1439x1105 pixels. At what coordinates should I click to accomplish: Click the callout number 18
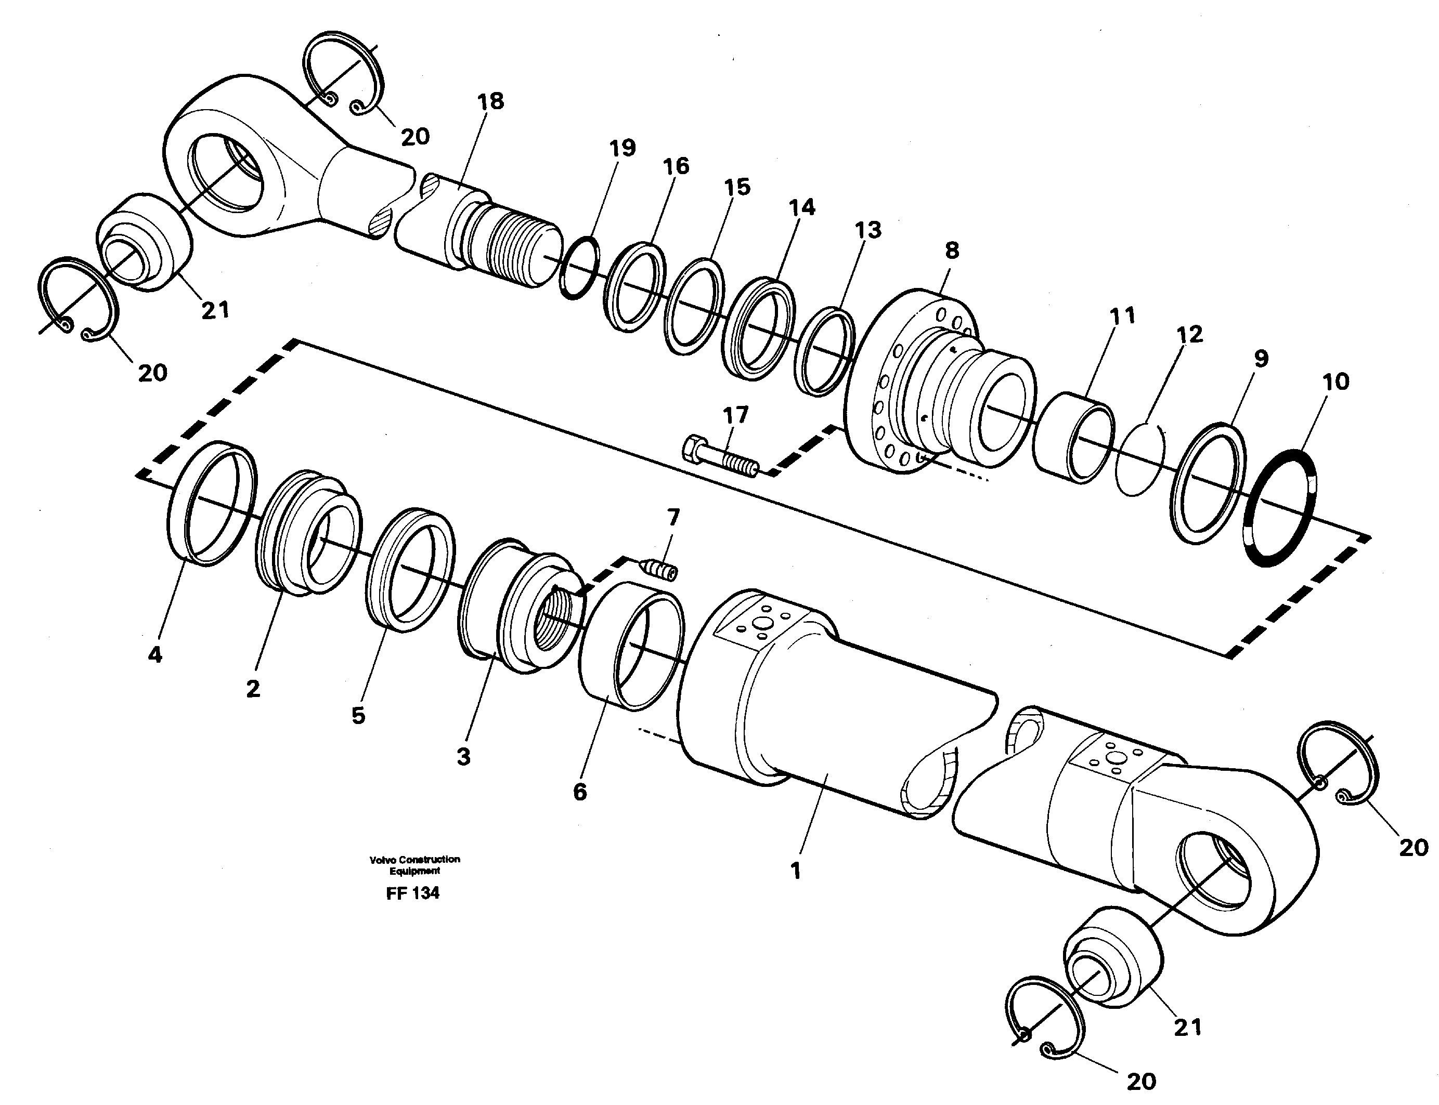click(491, 101)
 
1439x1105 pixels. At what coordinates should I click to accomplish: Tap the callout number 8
click(951, 250)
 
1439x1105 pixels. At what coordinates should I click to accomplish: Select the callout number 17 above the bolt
click(735, 415)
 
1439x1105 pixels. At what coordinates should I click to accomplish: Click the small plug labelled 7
click(658, 569)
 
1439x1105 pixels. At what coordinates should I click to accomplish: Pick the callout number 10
click(1335, 382)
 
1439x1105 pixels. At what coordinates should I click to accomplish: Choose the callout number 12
click(1189, 334)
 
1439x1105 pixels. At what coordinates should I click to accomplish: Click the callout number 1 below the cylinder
click(796, 871)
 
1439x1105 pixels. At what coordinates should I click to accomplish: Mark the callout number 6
click(580, 792)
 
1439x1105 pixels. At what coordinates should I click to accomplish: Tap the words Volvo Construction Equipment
click(414, 864)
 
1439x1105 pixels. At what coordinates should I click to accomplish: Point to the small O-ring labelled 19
click(579, 268)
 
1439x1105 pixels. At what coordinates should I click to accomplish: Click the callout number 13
click(868, 230)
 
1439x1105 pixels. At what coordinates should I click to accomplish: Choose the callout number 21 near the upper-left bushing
click(215, 310)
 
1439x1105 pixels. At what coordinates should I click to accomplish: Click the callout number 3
click(464, 756)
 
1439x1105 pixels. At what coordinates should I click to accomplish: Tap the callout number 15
click(737, 188)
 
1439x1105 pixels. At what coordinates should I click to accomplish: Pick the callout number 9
click(1260, 359)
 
